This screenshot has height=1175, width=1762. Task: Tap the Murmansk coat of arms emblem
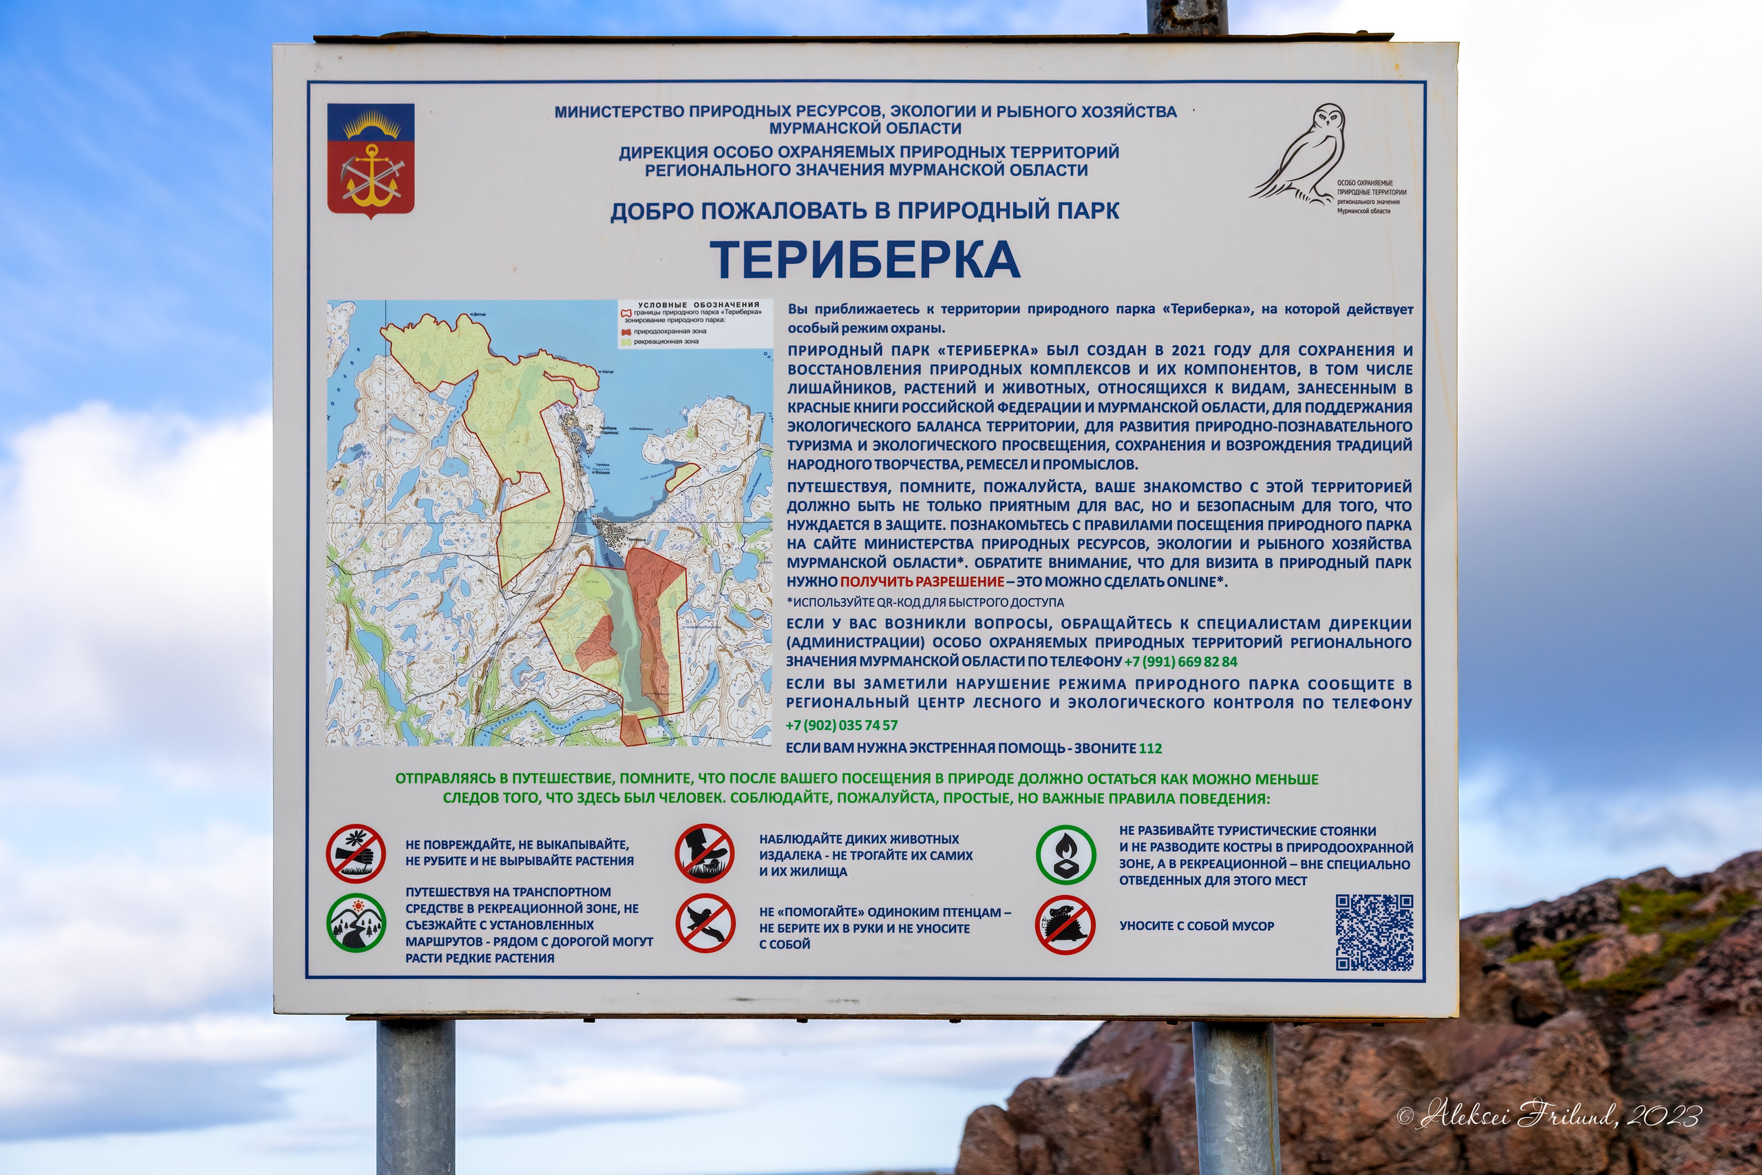pos(370,160)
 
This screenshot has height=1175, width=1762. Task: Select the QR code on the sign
pos(1374,932)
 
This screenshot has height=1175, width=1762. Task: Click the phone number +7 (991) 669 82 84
pos(1180,661)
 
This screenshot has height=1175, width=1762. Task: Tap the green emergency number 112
pos(1151,748)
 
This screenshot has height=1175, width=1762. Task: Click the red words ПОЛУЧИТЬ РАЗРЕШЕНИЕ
pos(922,582)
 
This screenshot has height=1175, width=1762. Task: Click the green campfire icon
pos(1065,854)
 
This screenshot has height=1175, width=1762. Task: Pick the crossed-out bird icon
pos(705,923)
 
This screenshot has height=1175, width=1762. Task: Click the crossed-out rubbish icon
pos(1065,924)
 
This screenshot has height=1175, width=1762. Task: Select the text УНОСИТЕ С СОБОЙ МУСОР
pos(1196,927)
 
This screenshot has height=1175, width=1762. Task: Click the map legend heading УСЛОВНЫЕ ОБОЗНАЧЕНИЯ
pos(698,305)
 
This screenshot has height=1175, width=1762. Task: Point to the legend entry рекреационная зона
pos(666,341)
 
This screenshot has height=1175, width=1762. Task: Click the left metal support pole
pos(415,1094)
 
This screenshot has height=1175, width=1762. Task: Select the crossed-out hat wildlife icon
pos(704,853)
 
